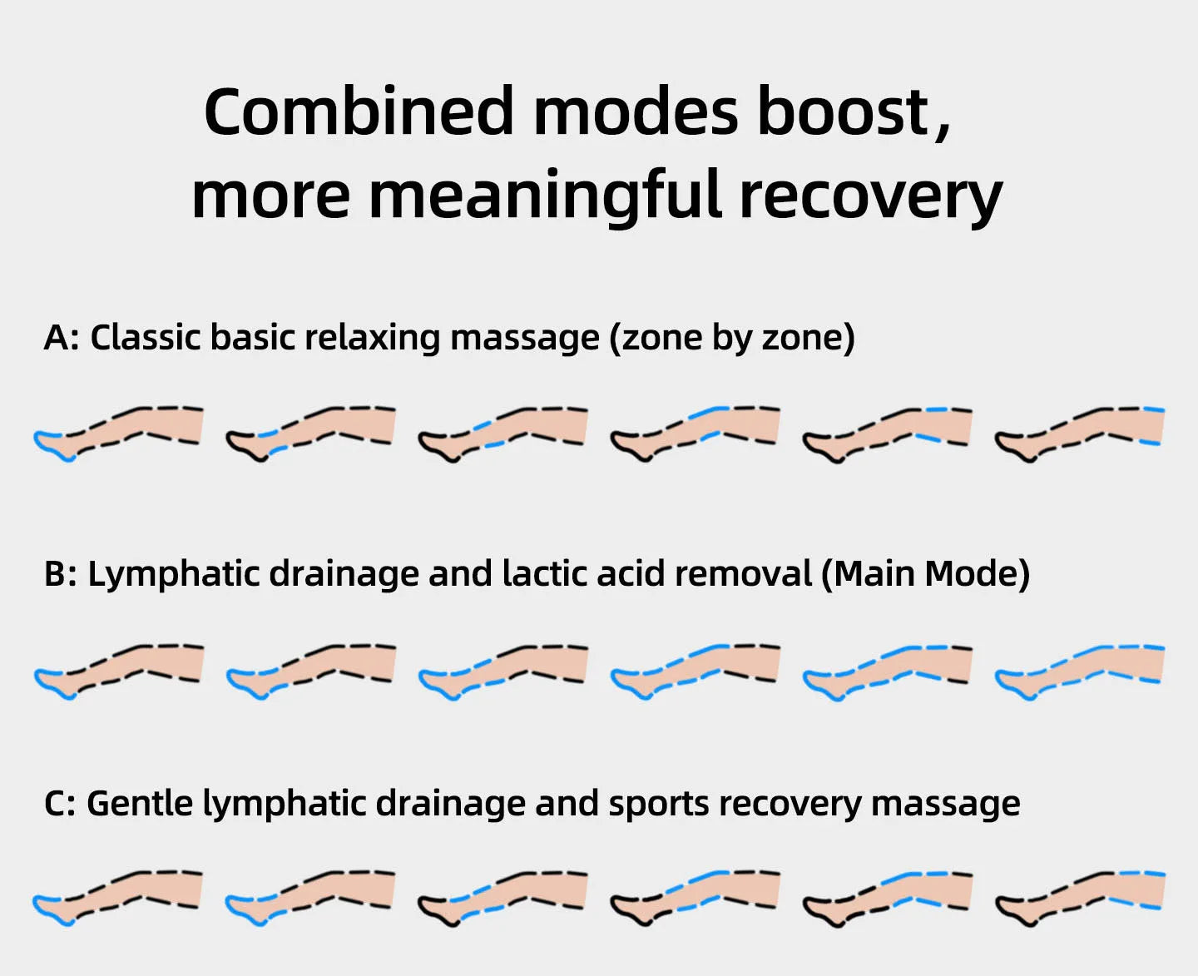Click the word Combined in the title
[359, 112]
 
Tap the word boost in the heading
[843, 112]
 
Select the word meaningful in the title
[545, 195]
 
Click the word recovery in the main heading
[870, 196]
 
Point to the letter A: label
[61, 338]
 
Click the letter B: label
[60, 574]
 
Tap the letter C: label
[60, 804]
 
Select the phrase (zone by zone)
[732, 338]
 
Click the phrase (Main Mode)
[925, 574]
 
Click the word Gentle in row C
[139, 804]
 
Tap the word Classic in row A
[146, 338]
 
